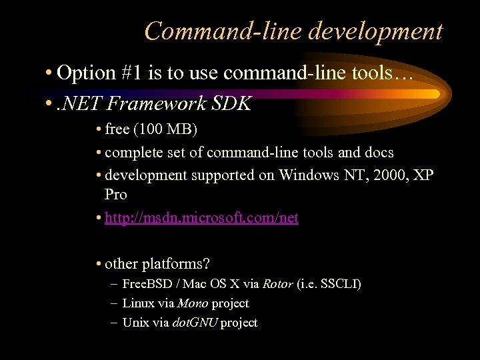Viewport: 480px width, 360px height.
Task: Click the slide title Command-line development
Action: tap(293, 31)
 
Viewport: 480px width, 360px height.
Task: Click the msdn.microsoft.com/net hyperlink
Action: tap(201, 218)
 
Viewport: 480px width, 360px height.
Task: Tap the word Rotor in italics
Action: tap(277, 284)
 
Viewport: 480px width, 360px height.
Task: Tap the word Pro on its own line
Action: tap(116, 195)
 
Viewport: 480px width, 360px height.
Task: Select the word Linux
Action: tap(139, 303)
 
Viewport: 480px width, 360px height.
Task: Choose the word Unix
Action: tap(136, 323)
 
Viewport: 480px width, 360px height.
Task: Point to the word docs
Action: tap(378, 153)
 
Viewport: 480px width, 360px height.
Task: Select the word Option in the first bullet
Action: tap(85, 73)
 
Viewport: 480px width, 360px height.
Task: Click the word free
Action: tap(117, 128)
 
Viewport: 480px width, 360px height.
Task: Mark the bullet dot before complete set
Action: tap(99, 153)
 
